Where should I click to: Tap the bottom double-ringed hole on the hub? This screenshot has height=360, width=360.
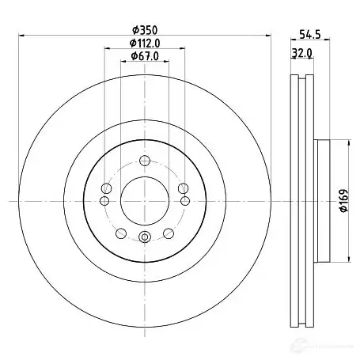(144, 240)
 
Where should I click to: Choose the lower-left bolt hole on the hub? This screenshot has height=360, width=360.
(120, 233)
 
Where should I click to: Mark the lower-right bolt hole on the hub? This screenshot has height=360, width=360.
(168, 233)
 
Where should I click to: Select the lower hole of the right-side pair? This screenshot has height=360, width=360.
(184, 201)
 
